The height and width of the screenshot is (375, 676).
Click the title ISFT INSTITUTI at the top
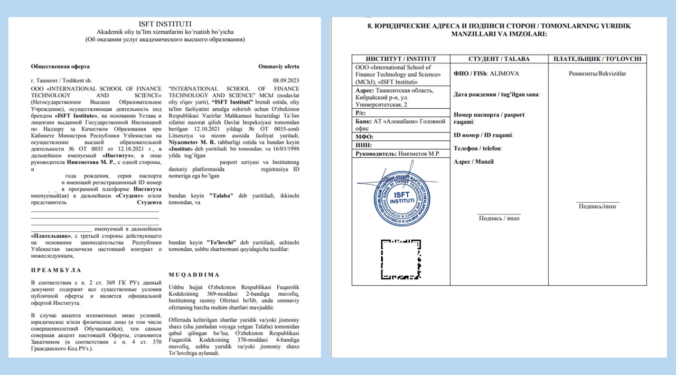[165, 24]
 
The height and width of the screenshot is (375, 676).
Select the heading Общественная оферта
[60, 67]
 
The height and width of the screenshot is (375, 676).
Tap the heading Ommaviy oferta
[278, 67]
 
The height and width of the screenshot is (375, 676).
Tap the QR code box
[401, 259]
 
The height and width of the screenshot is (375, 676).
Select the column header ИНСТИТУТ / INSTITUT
[401, 59]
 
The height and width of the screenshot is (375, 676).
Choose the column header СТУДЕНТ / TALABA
[499, 59]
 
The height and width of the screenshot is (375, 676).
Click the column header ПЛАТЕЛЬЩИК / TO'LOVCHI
[597, 59]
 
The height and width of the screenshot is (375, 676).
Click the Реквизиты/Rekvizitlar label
[597, 73]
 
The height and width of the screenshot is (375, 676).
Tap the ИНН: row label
[364, 145]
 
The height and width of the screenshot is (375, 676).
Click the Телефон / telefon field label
[477, 148]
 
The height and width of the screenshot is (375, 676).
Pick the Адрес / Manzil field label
[474, 162]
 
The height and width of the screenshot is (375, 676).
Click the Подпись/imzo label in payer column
[597, 206]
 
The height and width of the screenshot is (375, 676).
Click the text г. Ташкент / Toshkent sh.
[54, 80]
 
